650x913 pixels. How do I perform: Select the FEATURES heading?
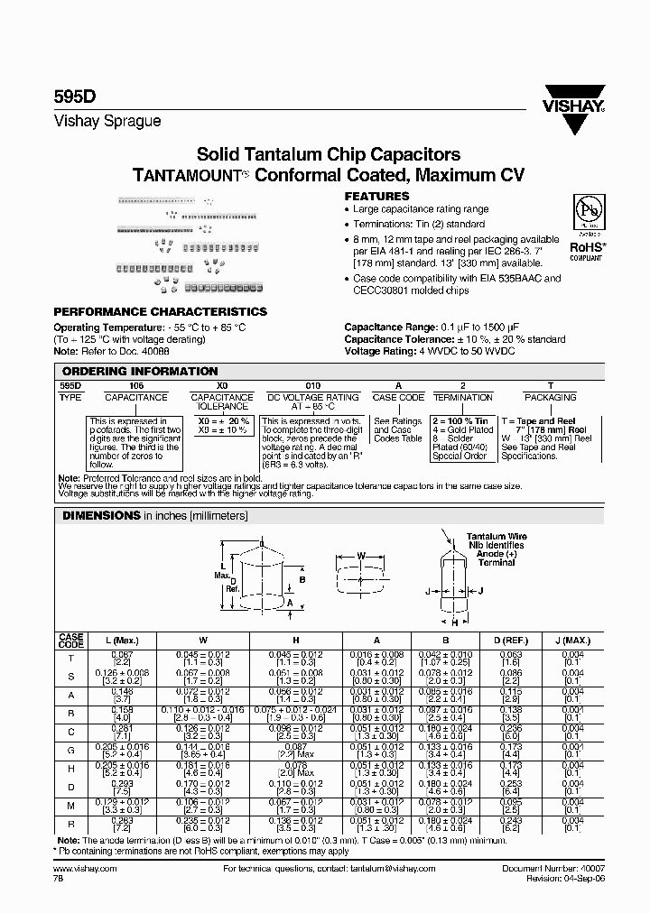(377, 196)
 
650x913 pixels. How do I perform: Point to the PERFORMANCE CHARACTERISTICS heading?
(161, 311)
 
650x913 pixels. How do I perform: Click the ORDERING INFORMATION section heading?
(139, 371)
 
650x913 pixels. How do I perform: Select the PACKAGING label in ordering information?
(551, 397)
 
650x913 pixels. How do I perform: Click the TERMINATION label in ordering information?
(463, 397)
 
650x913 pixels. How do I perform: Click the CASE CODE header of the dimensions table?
(71, 641)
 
